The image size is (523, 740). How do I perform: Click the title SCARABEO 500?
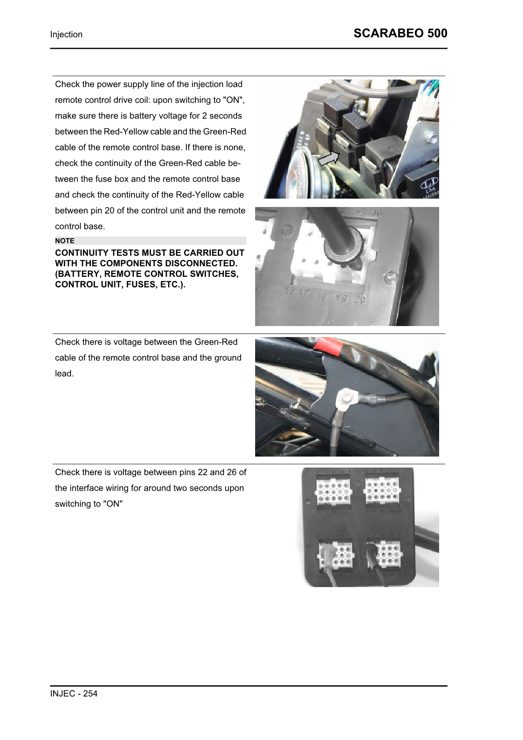(400, 33)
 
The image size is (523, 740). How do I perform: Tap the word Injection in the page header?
(66, 34)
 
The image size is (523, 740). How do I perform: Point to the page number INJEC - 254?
(74, 693)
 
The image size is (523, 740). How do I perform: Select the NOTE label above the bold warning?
(65, 241)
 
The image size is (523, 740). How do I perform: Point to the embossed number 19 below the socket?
(341, 299)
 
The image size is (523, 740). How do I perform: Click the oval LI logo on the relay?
(429, 181)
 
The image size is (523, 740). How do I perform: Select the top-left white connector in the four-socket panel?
(333, 491)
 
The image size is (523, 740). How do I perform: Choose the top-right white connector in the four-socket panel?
(382, 491)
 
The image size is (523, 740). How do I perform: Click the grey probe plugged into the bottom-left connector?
(327, 553)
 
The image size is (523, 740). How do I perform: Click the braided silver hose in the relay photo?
(360, 89)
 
